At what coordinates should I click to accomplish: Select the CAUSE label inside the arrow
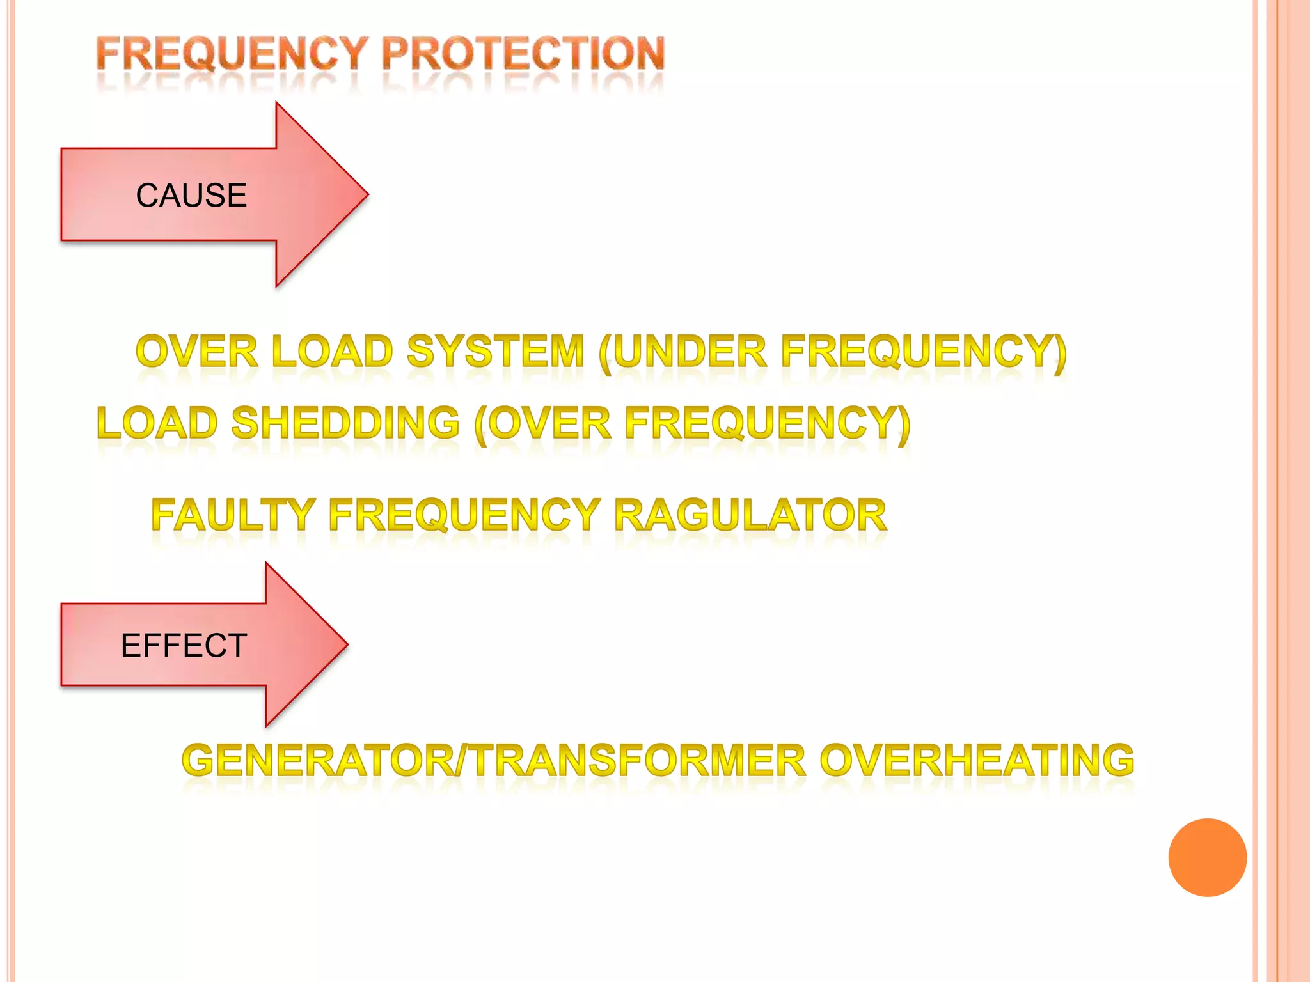click(x=191, y=195)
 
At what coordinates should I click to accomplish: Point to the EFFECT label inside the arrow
click(x=184, y=645)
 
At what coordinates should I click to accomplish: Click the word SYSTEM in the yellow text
click(x=496, y=352)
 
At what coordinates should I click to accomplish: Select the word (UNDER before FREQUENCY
click(x=683, y=352)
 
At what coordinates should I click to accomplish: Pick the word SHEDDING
click(x=345, y=423)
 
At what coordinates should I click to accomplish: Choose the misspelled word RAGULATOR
click(x=750, y=515)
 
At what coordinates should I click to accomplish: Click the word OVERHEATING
click(x=977, y=760)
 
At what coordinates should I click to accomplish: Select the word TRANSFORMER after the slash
click(x=640, y=760)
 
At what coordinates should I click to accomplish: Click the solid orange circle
click(x=1207, y=857)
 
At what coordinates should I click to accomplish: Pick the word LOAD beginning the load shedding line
click(x=157, y=423)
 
